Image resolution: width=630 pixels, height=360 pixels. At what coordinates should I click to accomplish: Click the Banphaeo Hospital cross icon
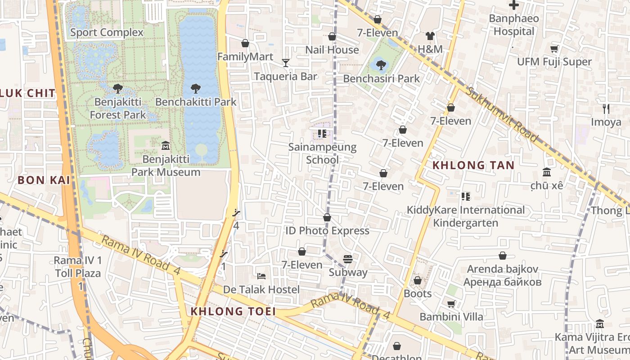click(x=513, y=5)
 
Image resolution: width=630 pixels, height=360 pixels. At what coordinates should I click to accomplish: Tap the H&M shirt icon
click(x=430, y=36)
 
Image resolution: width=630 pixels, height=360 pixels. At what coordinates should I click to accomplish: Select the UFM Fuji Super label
click(x=554, y=62)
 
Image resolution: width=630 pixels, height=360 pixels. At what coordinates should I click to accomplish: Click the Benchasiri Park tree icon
click(x=381, y=65)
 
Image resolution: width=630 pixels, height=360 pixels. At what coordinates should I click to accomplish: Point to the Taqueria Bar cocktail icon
click(x=286, y=63)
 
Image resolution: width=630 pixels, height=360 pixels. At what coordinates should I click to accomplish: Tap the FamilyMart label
click(x=245, y=57)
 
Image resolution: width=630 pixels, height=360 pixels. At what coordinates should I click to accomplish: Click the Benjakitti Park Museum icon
click(x=165, y=145)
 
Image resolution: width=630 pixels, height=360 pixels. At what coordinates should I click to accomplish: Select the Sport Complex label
click(x=107, y=32)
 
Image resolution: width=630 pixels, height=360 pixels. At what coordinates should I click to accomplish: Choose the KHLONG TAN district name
click(x=473, y=165)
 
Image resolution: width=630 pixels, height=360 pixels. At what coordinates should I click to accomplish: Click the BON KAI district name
click(x=44, y=180)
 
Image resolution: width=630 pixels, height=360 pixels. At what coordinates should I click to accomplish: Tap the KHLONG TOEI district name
click(x=233, y=311)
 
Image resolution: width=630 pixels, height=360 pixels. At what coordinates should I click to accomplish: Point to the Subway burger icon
click(x=348, y=259)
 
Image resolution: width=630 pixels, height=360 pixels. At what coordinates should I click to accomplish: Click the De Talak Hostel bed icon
click(x=261, y=275)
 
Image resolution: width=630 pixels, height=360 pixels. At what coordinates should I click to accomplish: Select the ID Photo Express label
click(x=327, y=230)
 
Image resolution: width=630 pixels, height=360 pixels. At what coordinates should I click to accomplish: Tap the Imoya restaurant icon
click(x=606, y=108)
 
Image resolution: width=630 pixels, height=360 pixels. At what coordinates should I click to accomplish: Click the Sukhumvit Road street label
click(x=501, y=114)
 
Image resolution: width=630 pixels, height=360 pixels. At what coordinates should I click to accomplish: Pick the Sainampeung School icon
click(x=322, y=133)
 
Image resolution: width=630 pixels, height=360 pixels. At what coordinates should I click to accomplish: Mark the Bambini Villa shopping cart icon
click(x=451, y=304)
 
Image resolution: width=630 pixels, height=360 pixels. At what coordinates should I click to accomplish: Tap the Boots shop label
click(x=418, y=294)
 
